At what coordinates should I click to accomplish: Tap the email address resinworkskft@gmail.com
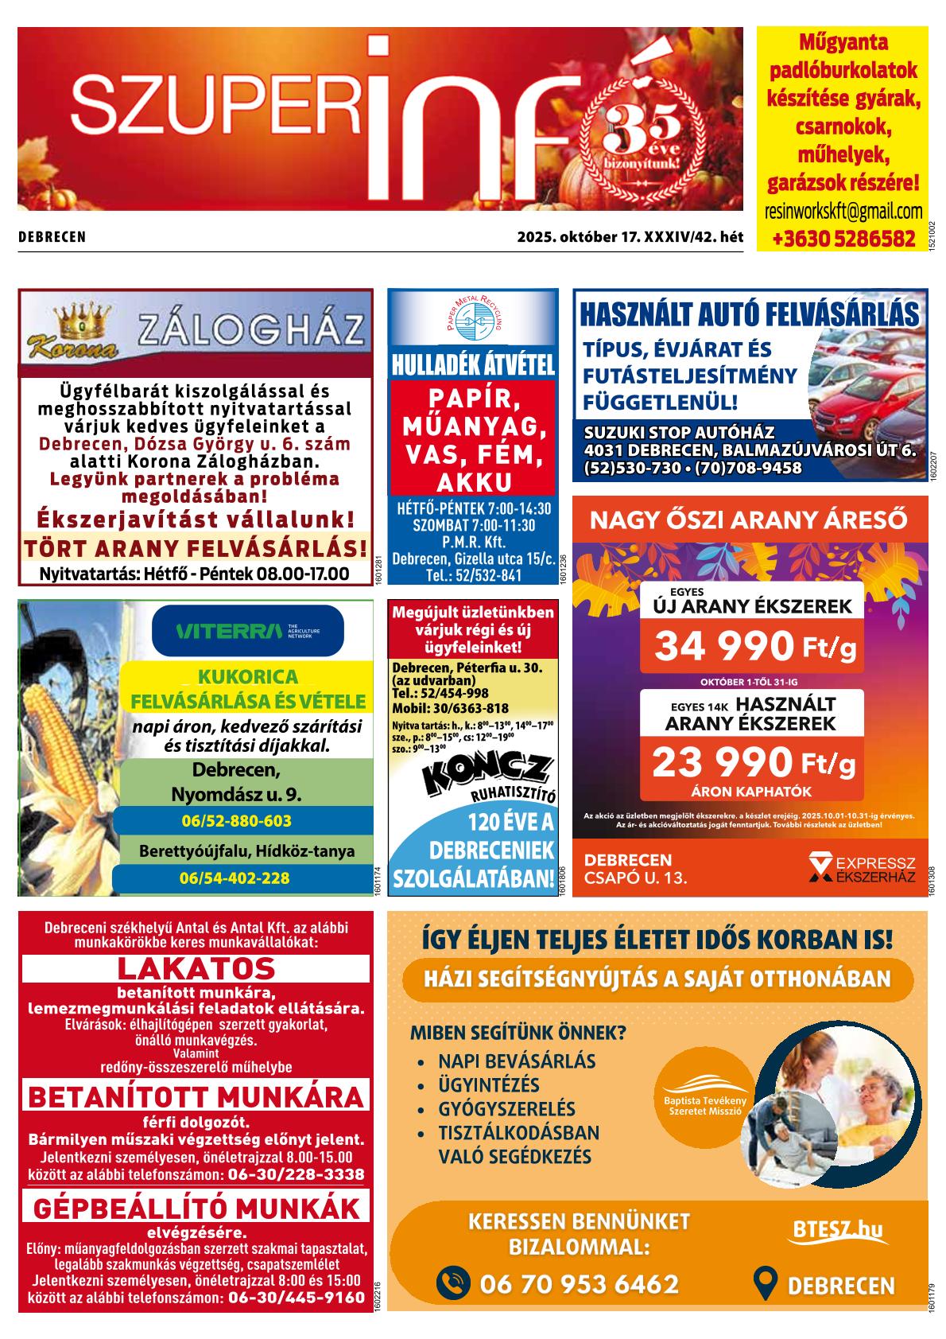pyautogui.click(x=843, y=212)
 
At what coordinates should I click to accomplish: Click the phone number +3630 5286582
pyautogui.click(x=843, y=238)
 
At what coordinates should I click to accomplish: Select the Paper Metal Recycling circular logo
pyautogui.click(x=473, y=320)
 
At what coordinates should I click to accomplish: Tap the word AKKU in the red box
pyautogui.click(x=473, y=482)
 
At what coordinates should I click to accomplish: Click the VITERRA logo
pyautogui.click(x=247, y=633)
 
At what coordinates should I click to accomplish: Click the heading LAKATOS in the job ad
pyautogui.click(x=196, y=968)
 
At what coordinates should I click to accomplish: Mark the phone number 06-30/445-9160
pyautogui.click(x=296, y=1298)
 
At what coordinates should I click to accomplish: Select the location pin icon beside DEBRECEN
pyautogui.click(x=764, y=1284)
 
